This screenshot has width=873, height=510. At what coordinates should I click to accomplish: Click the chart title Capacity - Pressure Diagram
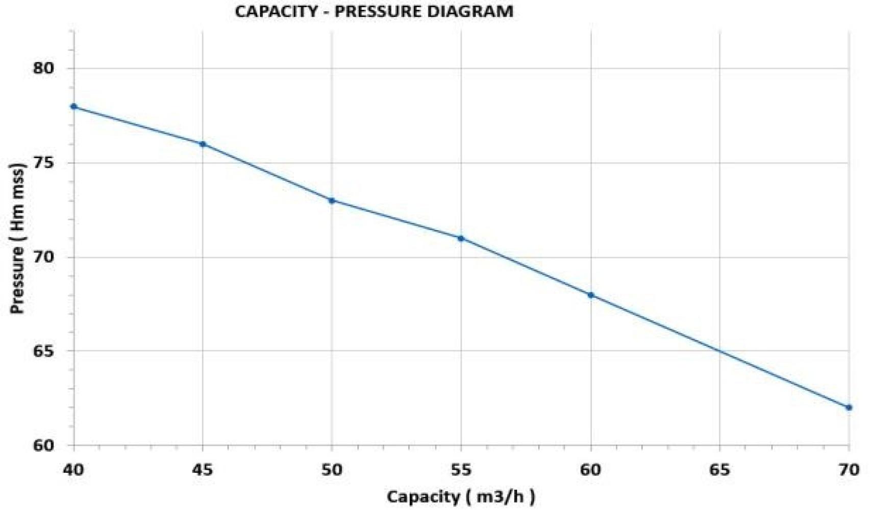(374, 11)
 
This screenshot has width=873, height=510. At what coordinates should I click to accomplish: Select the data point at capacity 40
(74, 107)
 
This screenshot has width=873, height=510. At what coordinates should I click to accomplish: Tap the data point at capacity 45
(203, 144)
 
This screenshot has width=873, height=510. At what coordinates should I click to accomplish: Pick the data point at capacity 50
(332, 200)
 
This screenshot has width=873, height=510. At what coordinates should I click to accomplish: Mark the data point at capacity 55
(461, 238)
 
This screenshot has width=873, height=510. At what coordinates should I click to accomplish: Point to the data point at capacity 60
(591, 295)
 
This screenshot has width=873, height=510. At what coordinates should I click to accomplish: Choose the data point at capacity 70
(849, 407)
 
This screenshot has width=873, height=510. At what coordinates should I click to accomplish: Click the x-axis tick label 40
(74, 469)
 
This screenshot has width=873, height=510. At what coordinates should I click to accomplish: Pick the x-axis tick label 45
(203, 469)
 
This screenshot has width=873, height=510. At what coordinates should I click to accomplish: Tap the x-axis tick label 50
(332, 469)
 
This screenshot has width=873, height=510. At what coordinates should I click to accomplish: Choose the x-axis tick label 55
(461, 469)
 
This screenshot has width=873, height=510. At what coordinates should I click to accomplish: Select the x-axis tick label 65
(719, 469)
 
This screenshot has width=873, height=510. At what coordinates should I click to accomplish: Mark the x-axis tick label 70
(849, 469)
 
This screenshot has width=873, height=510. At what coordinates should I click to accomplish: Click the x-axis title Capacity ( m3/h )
(461, 496)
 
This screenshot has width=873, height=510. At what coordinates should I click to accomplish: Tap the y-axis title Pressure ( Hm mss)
(18, 239)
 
